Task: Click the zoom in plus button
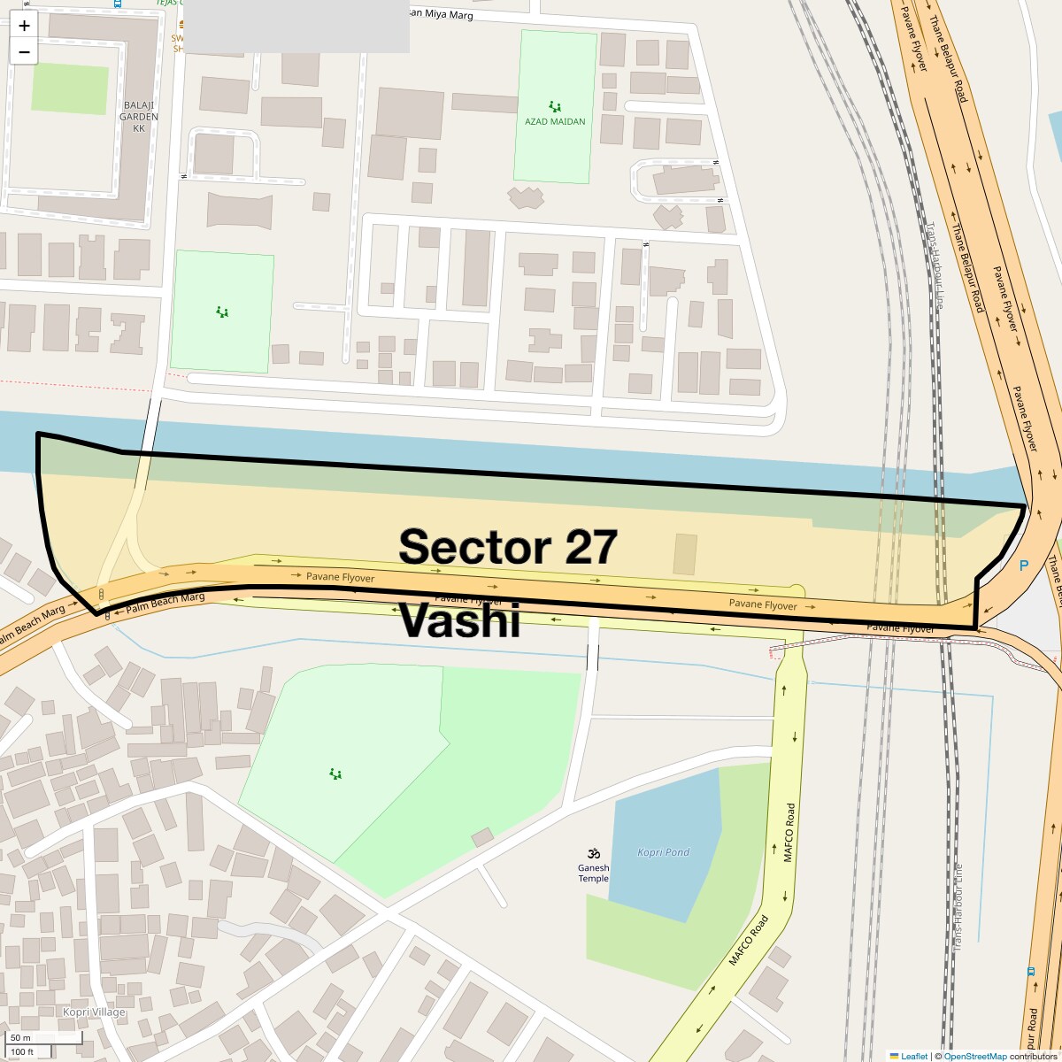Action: click(x=24, y=26)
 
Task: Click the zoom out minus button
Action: click(x=24, y=52)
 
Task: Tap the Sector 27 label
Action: click(x=507, y=547)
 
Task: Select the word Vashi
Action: click(x=459, y=620)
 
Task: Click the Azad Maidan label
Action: click(x=555, y=121)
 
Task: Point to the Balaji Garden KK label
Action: click(x=139, y=116)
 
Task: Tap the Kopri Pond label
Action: click(x=663, y=852)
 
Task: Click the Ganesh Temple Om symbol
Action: click(x=594, y=853)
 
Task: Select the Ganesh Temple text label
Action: click(x=594, y=873)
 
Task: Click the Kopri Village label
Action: click(x=94, y=1012)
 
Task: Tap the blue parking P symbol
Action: click(x=1024, y=566)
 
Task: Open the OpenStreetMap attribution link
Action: click(x=974, y=1056)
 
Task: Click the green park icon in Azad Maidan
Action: click(x=555, y=106)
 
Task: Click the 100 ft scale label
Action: click(x=22, y=1051)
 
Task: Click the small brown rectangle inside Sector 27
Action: click(x=685, y=554)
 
